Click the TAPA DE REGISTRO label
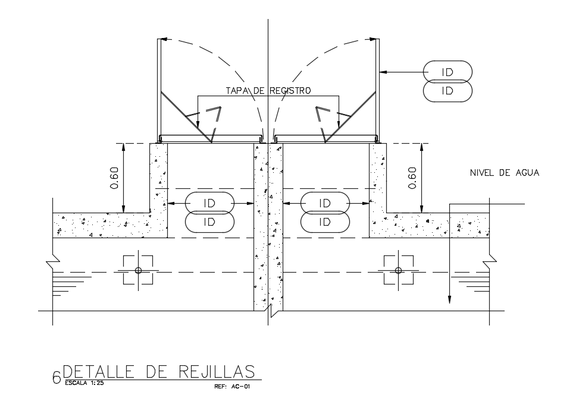(x=268, y=90)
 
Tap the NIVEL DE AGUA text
(x=504, y=173)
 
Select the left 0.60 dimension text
(x=114, y=178)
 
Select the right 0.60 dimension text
(x=412, y=178)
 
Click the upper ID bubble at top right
(x=447, y=72)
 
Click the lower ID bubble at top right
(x=447, y=91)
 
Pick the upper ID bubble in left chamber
(x=209, y=203)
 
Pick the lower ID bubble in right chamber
(x=325, y=222)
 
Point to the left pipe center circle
(x=138, y=270)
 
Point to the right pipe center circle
(x=398, y=270)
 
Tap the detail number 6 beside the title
(x=57, y=377)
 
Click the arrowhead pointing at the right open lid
(x=383, y=72)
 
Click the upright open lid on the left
(x=158, y=89)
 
